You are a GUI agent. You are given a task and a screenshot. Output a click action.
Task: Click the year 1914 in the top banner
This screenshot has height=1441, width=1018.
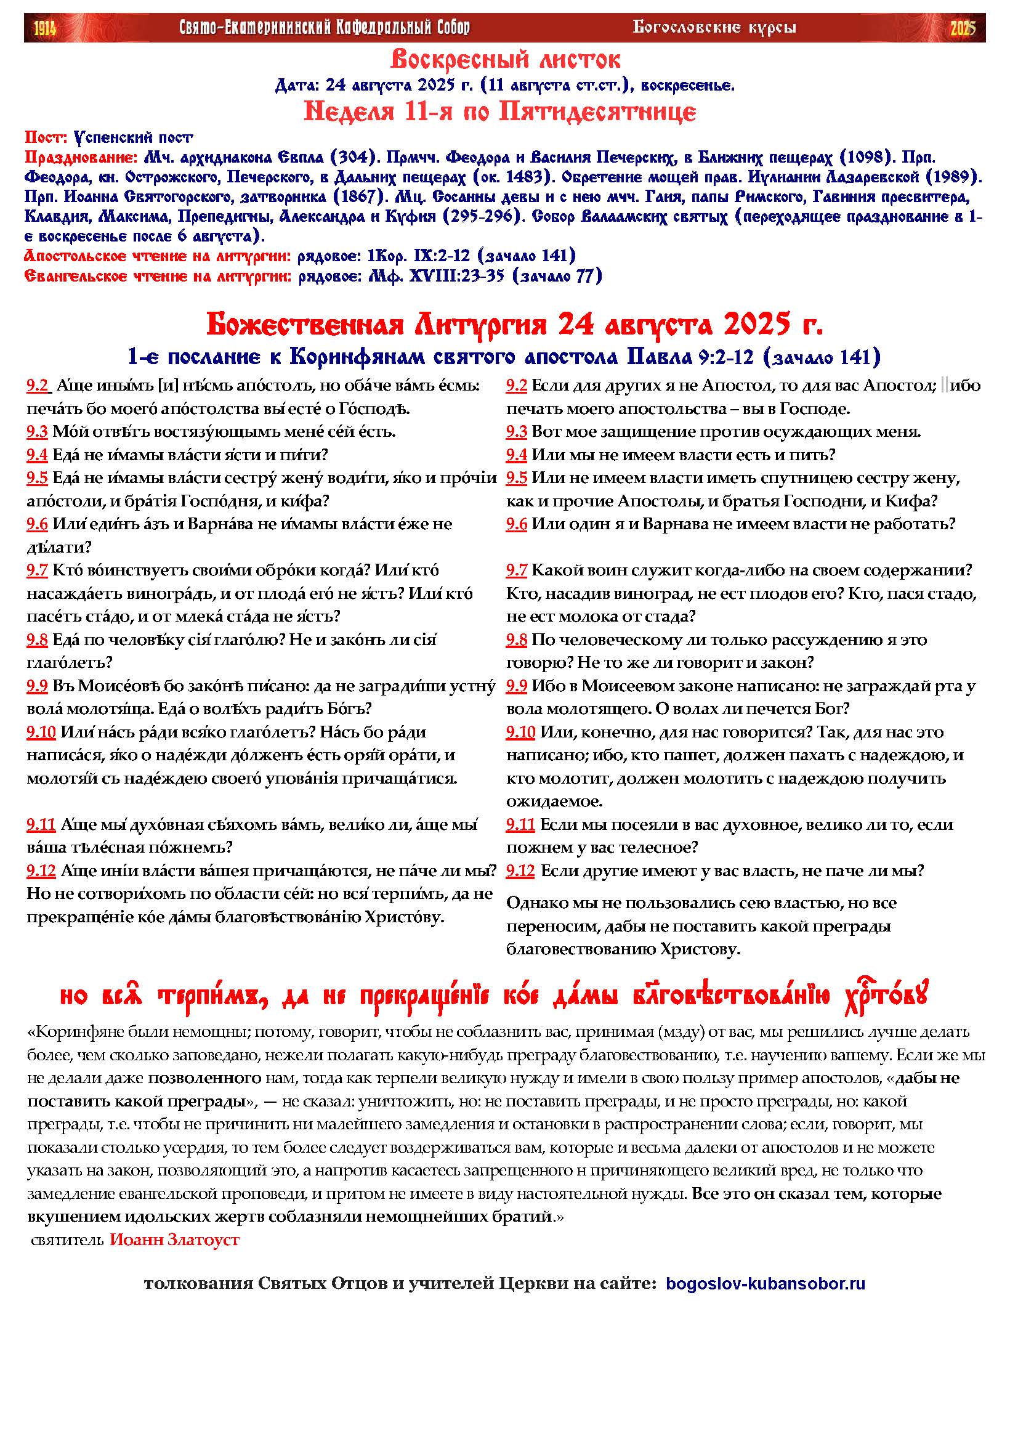44,28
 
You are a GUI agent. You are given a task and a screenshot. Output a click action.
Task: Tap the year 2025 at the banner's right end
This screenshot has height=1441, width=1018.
963,28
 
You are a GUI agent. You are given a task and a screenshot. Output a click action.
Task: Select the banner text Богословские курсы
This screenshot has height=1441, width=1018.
714,28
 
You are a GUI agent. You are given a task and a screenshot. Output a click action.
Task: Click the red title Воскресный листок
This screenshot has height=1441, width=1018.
506,60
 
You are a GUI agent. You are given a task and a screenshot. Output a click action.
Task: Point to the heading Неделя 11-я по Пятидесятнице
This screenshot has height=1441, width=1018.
500,112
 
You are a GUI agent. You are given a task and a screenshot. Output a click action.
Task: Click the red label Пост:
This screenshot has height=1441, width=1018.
45,137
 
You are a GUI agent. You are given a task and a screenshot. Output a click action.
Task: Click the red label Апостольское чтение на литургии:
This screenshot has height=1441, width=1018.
158,256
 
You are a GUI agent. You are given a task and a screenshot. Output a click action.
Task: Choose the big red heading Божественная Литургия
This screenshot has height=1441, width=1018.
377,326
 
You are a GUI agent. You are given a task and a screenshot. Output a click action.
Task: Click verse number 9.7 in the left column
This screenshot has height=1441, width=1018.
37,570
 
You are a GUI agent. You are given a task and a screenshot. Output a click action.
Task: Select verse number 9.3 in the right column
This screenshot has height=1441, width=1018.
517,432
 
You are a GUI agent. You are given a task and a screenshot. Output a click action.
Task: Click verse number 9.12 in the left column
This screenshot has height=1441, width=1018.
41,871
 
